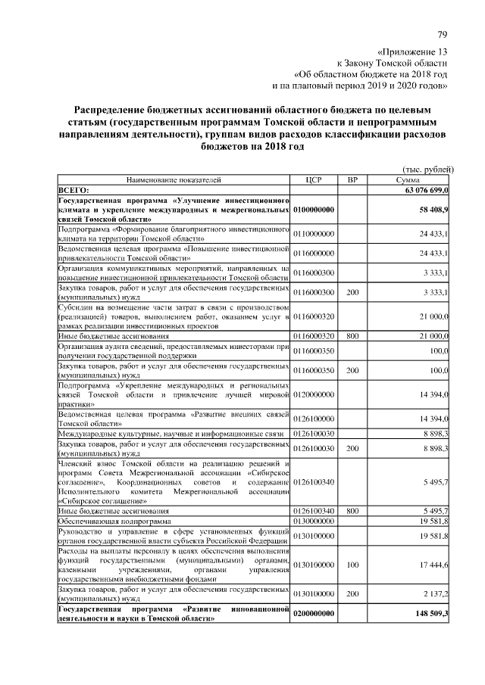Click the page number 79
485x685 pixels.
[443, 33]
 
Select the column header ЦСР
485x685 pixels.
[314, 180]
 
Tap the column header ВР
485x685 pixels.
[352, 180]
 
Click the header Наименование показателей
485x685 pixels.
[174, 180]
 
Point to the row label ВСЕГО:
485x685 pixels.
[74, 189]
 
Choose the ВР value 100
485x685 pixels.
[352, 564]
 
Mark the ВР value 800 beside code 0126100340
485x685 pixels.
[352, 511]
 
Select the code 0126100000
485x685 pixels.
[314, 419]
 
